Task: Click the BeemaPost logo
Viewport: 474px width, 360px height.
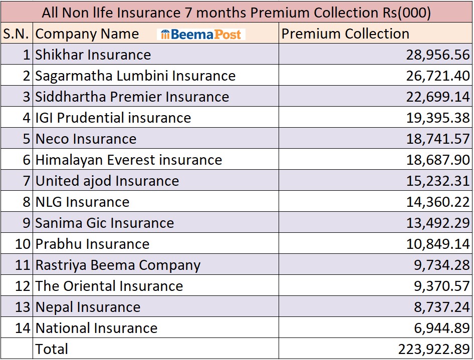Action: [201, 34]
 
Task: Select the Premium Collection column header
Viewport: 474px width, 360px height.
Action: [345, 34]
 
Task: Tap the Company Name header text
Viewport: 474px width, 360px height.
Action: [87, 34]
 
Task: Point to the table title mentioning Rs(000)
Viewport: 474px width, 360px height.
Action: [236, 12]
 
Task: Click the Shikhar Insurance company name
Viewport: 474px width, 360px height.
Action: [93, 55]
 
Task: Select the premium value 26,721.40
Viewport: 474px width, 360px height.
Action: [438, 76]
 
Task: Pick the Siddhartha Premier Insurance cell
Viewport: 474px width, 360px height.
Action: [132, 97]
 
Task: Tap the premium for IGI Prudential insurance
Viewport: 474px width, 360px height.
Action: [438, 118]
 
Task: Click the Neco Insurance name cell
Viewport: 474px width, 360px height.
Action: [86, 139]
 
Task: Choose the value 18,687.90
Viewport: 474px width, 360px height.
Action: [438, 160]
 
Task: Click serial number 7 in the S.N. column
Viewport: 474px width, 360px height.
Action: [26, 181]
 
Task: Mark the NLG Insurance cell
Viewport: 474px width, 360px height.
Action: [82, 202]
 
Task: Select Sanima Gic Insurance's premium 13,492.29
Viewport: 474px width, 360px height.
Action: [438, 223]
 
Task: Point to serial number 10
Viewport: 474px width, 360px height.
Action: [23, 244]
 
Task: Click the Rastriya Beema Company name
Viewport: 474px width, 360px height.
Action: [118, 265]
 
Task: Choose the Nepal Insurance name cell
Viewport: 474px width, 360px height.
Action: [88, 307]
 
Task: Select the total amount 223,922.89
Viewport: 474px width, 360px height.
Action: [434, 349]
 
